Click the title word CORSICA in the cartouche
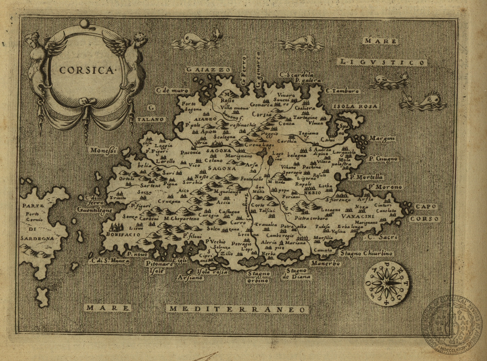pyautogui.click(x=86, y=70)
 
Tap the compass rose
pyautogui.click(x=387, y=284)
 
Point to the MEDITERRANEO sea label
pyautogui.click(x=237, y=309)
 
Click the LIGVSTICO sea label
pyautogui.click(x=383, y=62)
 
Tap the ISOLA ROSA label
pyautogui.click(x=356, y=106)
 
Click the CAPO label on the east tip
pyautogui.click(x=426, y=207)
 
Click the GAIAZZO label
pyautogui.click(x=208, y=69)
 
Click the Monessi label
pyautogui.click(x=102, y=151)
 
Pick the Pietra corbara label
pyautogui.click(x=311, y=218)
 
